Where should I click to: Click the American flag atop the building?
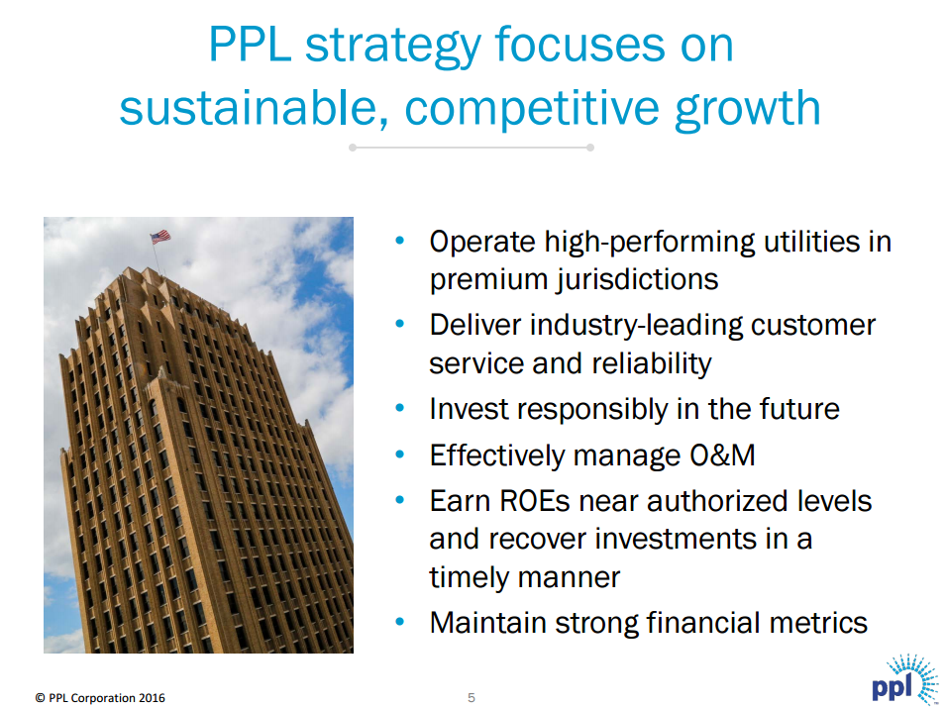(x=159, y=237)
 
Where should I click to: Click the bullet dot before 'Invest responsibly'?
(x=400, y=407)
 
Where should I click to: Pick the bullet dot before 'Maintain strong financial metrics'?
(x=400, y=622)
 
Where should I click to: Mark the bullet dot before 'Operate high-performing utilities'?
(x=400, y=241)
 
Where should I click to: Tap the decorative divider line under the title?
(x=472, y=148)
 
